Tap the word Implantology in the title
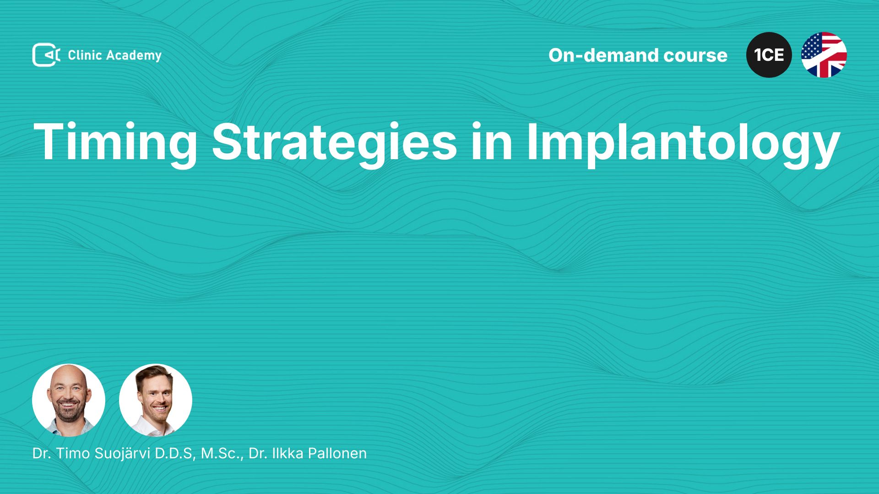tap(684, 143)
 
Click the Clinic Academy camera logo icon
tap(46, 55)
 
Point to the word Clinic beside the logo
tap(85, 55)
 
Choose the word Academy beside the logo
tap(134, 56)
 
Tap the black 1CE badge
tap(769, 55)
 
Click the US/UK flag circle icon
tap(824, 55)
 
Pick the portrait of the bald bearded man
tap(69, 400)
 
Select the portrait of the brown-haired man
tap(156, 400)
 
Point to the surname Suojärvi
tap(123, 454)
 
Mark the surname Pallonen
tap(337, 453)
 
